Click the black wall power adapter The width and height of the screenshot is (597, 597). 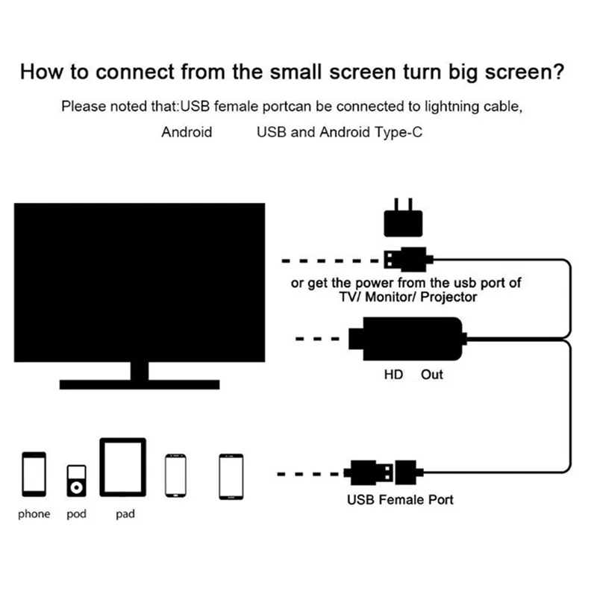[x=403, y=221]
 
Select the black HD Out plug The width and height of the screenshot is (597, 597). [x=410, y=339]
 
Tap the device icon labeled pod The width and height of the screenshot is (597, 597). [x=77, y=482]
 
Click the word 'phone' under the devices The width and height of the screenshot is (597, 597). [x=34, y=514]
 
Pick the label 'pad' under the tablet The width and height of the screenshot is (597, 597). [x=125, y=514]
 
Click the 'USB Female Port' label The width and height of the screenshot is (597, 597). [x=400, y=499]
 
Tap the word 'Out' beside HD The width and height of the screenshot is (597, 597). [x=431, y=374]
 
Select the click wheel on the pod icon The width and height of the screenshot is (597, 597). [x=77, y=488]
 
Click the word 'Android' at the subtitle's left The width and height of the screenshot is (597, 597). [x=187, y=132]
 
